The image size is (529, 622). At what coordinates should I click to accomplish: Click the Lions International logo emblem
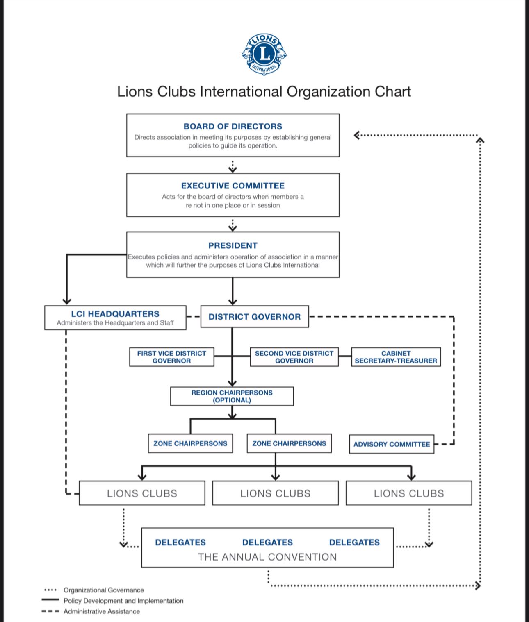(264, 54)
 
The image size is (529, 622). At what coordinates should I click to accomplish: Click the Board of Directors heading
(233, 126)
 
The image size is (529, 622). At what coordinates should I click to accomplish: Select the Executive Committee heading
(233, 186)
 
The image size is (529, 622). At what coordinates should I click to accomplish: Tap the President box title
(233, 245)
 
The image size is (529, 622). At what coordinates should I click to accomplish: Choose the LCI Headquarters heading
(115, 314)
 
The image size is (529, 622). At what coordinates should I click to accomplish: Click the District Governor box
(255, 317)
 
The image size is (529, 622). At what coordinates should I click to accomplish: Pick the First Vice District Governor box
(172, 357)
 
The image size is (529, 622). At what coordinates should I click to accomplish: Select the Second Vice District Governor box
(294, 357)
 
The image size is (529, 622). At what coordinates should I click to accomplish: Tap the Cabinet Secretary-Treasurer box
(396, 357)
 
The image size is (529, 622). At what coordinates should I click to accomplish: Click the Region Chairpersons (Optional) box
(232, 396)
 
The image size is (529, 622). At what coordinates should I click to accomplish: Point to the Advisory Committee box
(392, 444)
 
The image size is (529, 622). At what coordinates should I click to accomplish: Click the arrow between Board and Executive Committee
(233, 167)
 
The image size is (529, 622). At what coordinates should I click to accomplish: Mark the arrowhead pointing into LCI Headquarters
(66, 301)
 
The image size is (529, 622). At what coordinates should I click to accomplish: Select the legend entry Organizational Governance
(94, 590)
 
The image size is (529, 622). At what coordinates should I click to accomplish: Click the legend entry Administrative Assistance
(91, 611)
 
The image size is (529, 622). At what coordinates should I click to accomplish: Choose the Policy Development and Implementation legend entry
(112, 601)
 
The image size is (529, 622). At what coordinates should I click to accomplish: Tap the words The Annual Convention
(267, 557)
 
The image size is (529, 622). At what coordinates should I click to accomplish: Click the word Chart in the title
(393, 91)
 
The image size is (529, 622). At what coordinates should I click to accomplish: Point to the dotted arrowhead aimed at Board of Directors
(357, 135)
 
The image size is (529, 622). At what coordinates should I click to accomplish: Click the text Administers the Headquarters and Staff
(115, 323)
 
